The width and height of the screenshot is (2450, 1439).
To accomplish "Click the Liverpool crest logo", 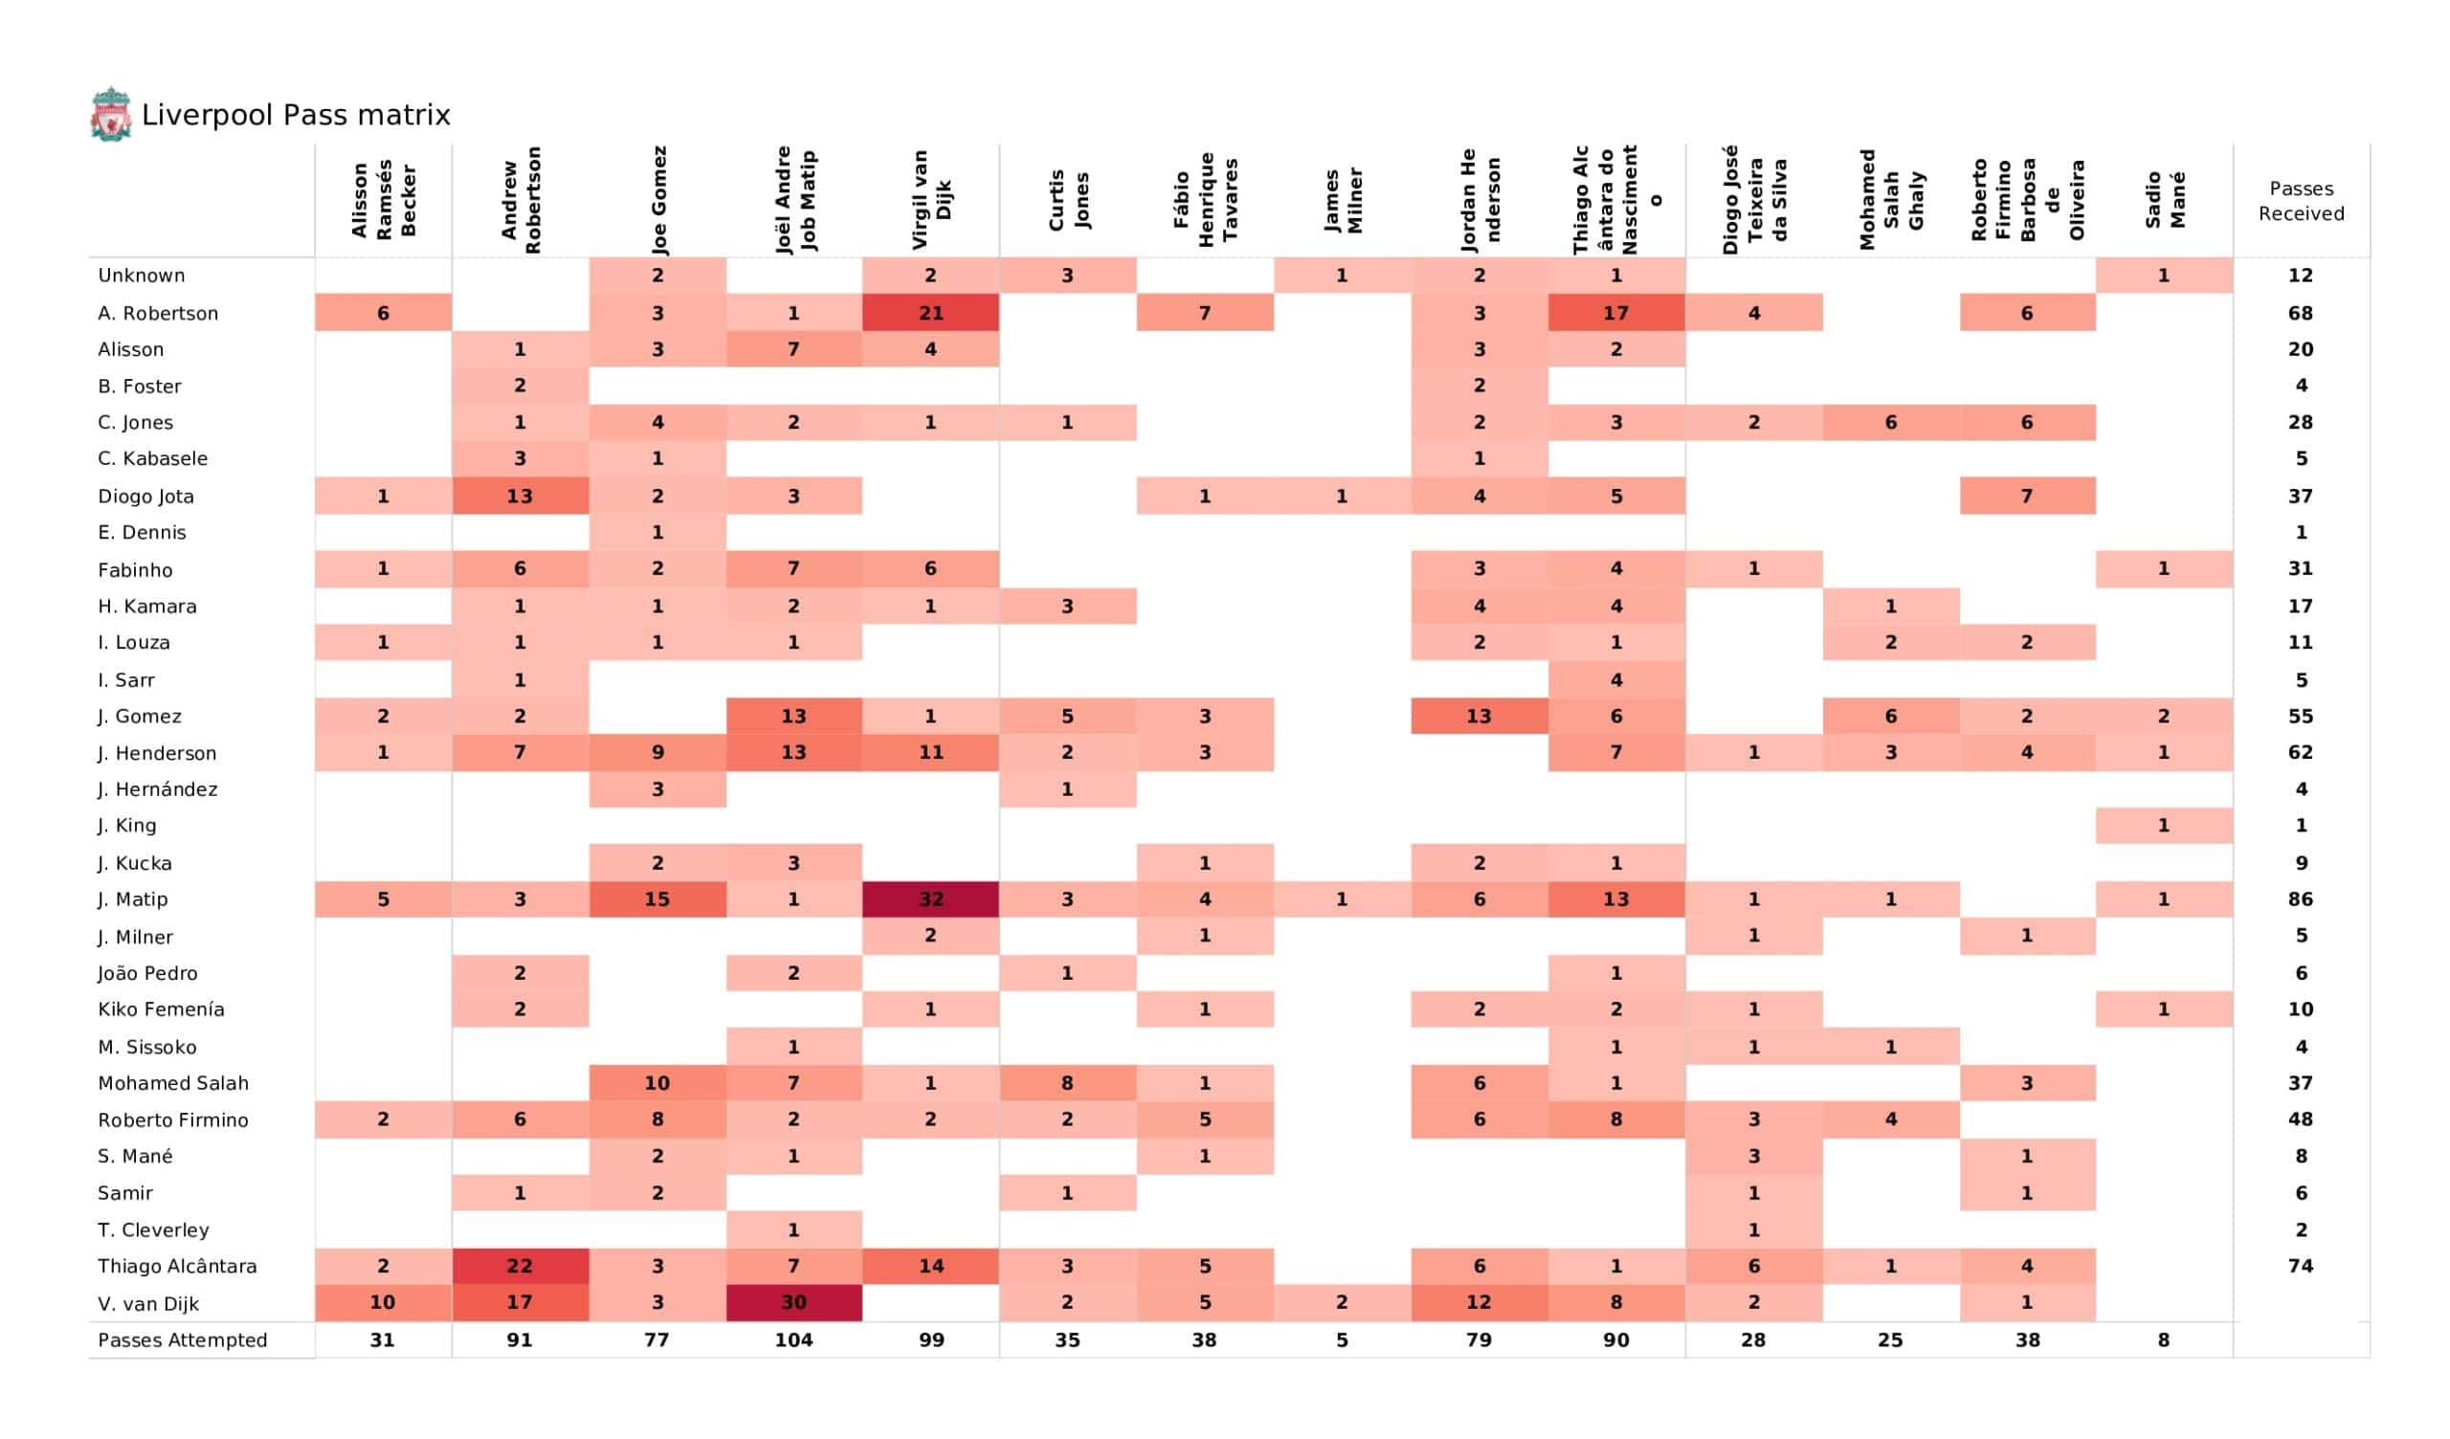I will (x=111, y=115).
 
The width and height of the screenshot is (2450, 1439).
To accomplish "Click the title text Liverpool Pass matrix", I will (x=296, y=116).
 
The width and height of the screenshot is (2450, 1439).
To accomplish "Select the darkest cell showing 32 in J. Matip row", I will (x=930, y=899).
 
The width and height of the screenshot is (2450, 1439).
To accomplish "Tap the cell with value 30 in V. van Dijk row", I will (x=793, y=1303).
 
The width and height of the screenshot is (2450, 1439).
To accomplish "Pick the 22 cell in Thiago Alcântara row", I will (x=519, y=1266).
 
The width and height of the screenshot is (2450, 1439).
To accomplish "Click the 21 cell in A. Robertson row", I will (x=930, y=313).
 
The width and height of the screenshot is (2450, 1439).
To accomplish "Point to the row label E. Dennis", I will (x=142, y=533).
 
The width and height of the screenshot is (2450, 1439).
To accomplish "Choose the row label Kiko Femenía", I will (x=162, y=1009).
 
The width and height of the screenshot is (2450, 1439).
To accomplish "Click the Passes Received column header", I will (x=2301, y=201).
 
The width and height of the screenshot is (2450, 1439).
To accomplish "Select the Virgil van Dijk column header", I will (x=930, y=199).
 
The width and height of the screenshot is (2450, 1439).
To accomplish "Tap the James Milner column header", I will (x=1342, y=199).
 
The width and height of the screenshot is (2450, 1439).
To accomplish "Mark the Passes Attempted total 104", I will (x=793, y=1339).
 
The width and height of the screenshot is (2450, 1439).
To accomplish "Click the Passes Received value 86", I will (x=2301, y=899).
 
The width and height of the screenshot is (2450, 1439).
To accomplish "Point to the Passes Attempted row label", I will (x=183, y=1339).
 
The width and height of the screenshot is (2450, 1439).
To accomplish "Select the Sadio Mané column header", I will (x=2164, y=199).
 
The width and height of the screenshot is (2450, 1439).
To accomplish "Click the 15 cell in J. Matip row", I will (x=657, y=899).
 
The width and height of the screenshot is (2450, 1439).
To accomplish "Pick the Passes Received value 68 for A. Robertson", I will (x=2301, y=313).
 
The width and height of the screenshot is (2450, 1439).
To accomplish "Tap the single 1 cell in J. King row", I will (x=2163, y=826).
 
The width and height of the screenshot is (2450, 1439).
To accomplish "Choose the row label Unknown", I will (x=142, y=276).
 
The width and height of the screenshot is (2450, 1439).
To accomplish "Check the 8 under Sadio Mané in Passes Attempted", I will (x=2163, y=1339).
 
